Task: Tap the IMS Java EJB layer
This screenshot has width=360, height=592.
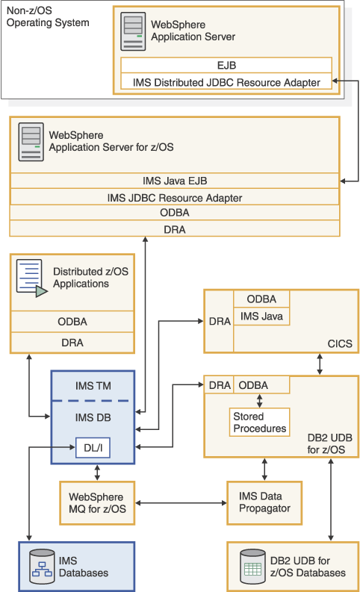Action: pyautogui.click(x=175, y=181)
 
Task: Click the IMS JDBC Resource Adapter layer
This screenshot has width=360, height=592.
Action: pyautogui.click(x=175, y=198)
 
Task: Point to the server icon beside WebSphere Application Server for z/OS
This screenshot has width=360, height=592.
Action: pyautogui.click(x=31, y=143)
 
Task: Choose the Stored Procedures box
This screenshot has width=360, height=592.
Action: pyautogui.click(x=260, y=423)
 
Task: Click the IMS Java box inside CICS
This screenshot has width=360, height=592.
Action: pyautogui.click(x=260, y=317)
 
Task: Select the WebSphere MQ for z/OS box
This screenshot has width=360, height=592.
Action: pyautogui.click(x=96, y=502)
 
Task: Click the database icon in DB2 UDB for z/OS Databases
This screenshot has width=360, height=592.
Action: pyautogui.click(x=252, y=567)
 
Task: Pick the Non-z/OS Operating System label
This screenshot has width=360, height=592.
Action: pyautogui.click(x=48, y=17)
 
